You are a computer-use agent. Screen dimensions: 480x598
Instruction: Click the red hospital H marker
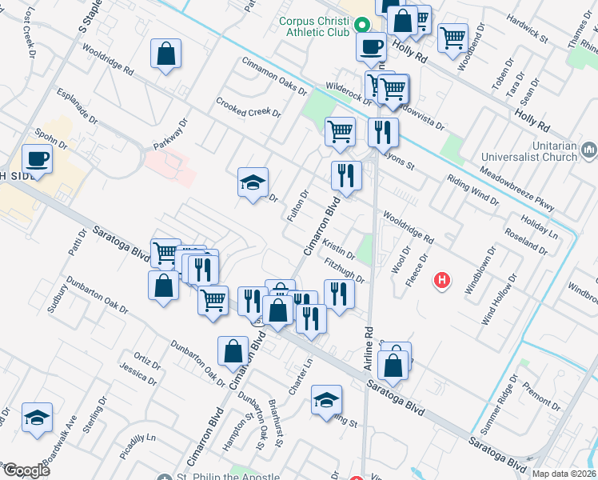441,280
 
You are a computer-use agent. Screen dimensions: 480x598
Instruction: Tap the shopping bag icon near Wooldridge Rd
165,55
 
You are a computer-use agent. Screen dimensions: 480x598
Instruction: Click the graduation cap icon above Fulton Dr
253,183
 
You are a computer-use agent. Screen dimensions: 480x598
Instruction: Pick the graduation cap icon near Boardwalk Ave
37,418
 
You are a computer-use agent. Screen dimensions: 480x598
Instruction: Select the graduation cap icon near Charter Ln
326,401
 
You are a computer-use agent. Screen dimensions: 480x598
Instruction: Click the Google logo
26,470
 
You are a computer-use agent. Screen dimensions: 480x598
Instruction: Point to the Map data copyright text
564,474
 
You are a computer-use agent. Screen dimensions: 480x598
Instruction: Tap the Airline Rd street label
369,339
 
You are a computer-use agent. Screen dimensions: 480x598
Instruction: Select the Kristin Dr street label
340,250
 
